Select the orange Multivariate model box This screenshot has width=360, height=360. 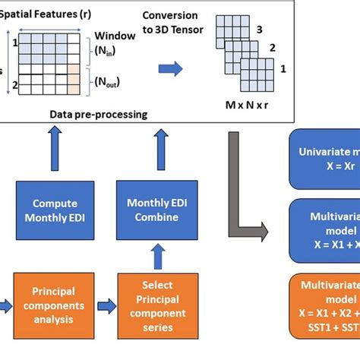[x=325, y=304]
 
